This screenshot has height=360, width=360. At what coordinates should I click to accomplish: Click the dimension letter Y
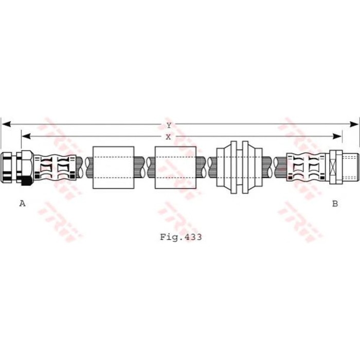168,125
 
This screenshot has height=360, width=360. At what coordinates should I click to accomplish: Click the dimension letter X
168,137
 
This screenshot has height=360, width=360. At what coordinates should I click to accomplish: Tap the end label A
22,204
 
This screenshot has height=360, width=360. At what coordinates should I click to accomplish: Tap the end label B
335,204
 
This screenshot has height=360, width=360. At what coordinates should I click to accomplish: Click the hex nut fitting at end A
16,167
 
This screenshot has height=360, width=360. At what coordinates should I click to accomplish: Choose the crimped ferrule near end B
307,168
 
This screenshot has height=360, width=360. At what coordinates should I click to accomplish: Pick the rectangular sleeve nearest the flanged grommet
175,167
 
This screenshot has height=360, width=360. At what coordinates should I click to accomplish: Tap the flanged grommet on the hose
239,167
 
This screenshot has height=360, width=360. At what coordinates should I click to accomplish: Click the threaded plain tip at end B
350,167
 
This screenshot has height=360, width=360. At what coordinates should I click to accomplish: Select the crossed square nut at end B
335,167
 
